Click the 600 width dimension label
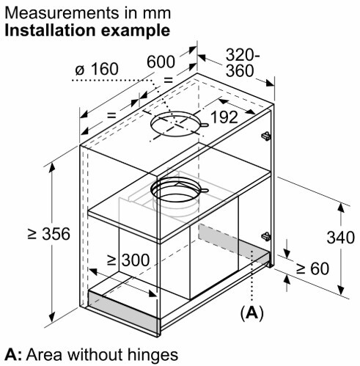click(161, 62)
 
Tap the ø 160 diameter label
click(97, 69)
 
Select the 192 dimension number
click(224, 117)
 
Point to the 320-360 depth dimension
click(243, 63)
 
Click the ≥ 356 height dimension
click(49, 234)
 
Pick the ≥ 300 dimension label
click(128, 260)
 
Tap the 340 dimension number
click(341, 238)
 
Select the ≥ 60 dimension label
click(313, 268)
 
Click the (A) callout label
click(252, 312)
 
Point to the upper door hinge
click(266, 136)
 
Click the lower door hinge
click(266, 236)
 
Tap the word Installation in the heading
click(50, 31)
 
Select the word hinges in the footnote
click(153, 355)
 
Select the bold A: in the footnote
click(13, 355)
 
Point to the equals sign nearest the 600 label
click(168, 80)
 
